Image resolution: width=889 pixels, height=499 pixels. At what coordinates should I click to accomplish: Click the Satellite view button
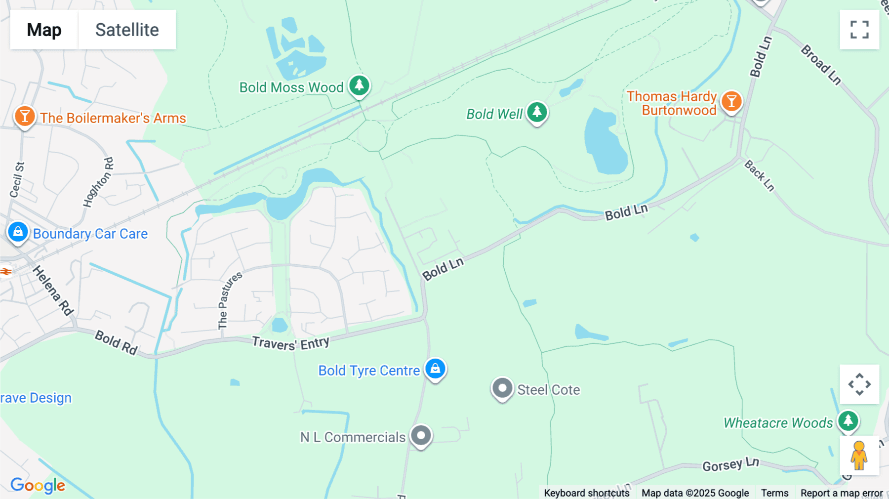[127, 30]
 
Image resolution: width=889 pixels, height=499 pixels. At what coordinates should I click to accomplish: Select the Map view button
[44, 30]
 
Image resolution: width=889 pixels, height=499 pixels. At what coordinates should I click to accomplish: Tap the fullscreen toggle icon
[859, 30]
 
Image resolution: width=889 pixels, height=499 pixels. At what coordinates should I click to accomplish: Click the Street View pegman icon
[859, 456]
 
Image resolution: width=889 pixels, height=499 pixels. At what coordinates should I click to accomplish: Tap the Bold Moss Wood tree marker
[359, 85]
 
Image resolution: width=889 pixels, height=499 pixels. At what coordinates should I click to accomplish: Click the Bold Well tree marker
[537, 112]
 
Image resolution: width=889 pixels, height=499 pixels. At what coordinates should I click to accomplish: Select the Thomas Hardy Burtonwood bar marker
[731, 102]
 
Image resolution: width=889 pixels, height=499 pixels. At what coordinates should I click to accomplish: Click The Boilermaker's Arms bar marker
[24, 117]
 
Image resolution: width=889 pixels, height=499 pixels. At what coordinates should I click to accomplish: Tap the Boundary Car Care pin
[18, 232]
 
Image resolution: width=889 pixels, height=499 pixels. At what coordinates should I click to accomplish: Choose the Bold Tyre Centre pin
[435, 369]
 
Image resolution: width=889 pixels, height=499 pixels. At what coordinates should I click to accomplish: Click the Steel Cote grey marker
[502, 388]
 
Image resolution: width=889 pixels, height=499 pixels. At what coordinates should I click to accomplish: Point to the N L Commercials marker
[421, 436]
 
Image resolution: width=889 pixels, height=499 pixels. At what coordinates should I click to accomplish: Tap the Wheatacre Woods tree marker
[848, 421]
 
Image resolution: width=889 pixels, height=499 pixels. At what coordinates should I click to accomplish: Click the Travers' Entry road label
[290, 343]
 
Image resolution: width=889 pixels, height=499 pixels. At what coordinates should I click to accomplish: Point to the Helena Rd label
[53, 291]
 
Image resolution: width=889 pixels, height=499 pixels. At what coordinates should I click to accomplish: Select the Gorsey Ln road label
[730, 464]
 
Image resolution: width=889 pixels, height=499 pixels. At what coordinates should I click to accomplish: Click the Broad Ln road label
[820, 65]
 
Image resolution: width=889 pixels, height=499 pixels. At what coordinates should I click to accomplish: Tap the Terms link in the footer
[774, 493]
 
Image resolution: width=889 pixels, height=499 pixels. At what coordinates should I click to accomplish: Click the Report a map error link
[842, 493]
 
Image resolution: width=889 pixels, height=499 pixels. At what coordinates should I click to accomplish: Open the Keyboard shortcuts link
[587, 493]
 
